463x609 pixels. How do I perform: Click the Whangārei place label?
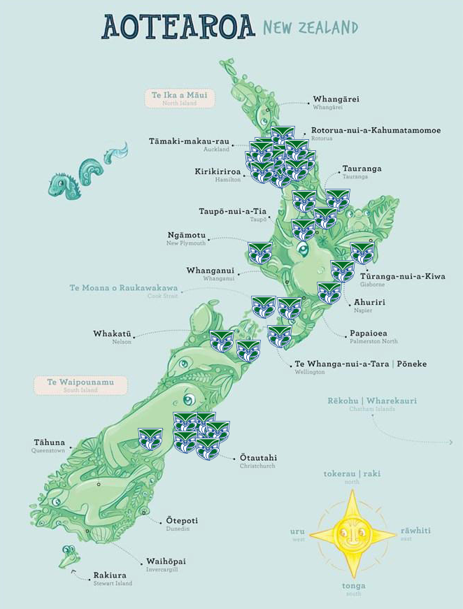coord(336,102)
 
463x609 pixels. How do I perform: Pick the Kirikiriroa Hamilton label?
coord(218,174)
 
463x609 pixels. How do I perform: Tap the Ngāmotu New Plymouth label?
coord(187,238)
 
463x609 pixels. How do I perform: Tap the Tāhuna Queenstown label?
coord(49,445)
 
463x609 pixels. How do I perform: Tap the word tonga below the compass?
coord(353,585)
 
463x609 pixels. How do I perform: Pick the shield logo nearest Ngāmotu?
coord(260,252)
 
